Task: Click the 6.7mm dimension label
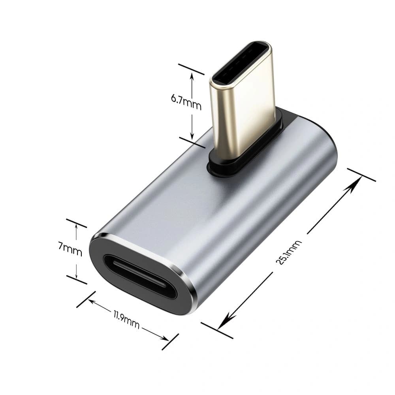pos(186,102)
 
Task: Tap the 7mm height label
pos(70,248)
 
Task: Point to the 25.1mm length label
pos(290,253)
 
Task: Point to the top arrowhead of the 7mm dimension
pos(76,225)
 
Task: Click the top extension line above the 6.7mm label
pos(191,69)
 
